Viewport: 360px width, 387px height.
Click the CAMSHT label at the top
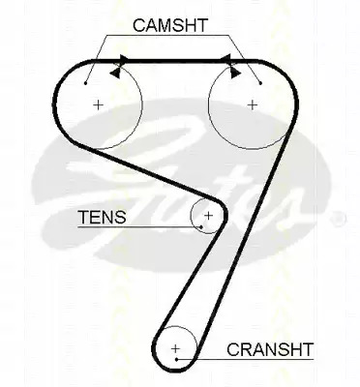pos(170,25)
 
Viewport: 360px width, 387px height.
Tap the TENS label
pos(103,217)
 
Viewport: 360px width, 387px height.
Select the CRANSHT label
pos(270,349)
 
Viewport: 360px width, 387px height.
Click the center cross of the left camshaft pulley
pos(98,104)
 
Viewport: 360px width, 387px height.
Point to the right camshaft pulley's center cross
pos(253,104)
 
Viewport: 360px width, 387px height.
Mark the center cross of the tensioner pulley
pos(209,215)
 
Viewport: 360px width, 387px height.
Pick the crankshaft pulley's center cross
pos(175,348)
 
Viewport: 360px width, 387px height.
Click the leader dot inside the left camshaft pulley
pos(85,83)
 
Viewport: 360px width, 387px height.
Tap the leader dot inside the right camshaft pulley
pos(260,83)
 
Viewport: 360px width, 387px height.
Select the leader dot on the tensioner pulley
pos(201,226)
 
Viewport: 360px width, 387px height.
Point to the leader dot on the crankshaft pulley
pos(177,359)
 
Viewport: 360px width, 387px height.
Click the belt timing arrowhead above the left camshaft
pos(124,59)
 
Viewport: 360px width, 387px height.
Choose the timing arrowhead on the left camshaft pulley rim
pos(114,73)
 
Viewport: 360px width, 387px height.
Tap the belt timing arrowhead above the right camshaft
pos(225,59)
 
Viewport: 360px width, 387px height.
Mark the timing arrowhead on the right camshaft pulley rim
pos(235,74)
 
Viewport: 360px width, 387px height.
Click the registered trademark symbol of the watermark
pos(340,219)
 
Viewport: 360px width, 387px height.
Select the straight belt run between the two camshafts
pos(174,60)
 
